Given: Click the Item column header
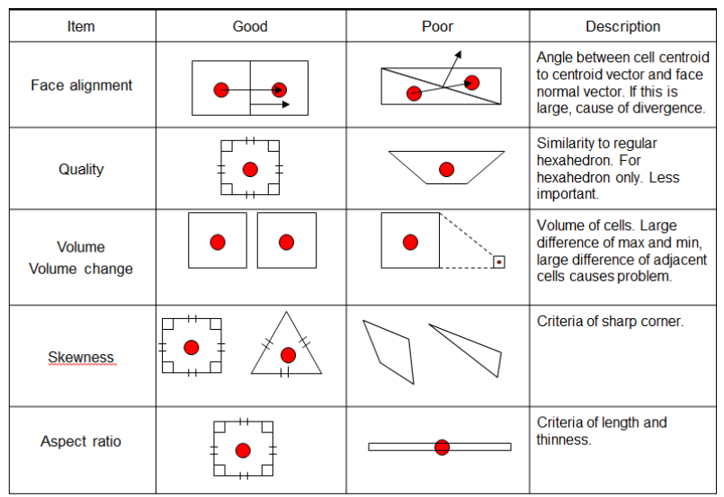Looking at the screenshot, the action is click(x=81, y=26).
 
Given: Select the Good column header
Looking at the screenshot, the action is click(x=250, y=26).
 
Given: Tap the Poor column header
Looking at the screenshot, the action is click(x=437, y=26).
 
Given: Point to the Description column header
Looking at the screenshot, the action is click(x=623, y=26).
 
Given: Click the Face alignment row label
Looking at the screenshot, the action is click(x=81, y=84).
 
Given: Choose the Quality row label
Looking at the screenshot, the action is click(x=81, y=169).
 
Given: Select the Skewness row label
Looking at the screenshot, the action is click(x=81, y=357).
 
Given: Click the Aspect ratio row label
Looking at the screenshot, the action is click(x=81, y=441).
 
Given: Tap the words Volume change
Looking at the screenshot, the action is click(x=81, y=269).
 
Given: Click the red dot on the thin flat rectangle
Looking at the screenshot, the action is click(x=442, y=447).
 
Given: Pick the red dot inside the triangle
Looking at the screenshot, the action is click(x=288, y=355).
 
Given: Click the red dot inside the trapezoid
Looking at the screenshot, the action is click(x=446, y=169).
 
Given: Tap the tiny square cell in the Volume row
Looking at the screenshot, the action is click(x=498, y=262).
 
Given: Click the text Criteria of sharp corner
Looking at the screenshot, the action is click(x=610, y=321).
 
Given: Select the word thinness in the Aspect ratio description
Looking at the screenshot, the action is click(x=563, y=439).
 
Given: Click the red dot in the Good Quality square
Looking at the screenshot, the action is click(x=250, y=169).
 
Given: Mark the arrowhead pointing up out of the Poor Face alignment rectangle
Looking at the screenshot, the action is click(x=458, y=55).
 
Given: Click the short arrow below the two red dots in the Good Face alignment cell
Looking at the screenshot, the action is click(x=270, y=104).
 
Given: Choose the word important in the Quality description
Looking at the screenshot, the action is click(x=567, y=194).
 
